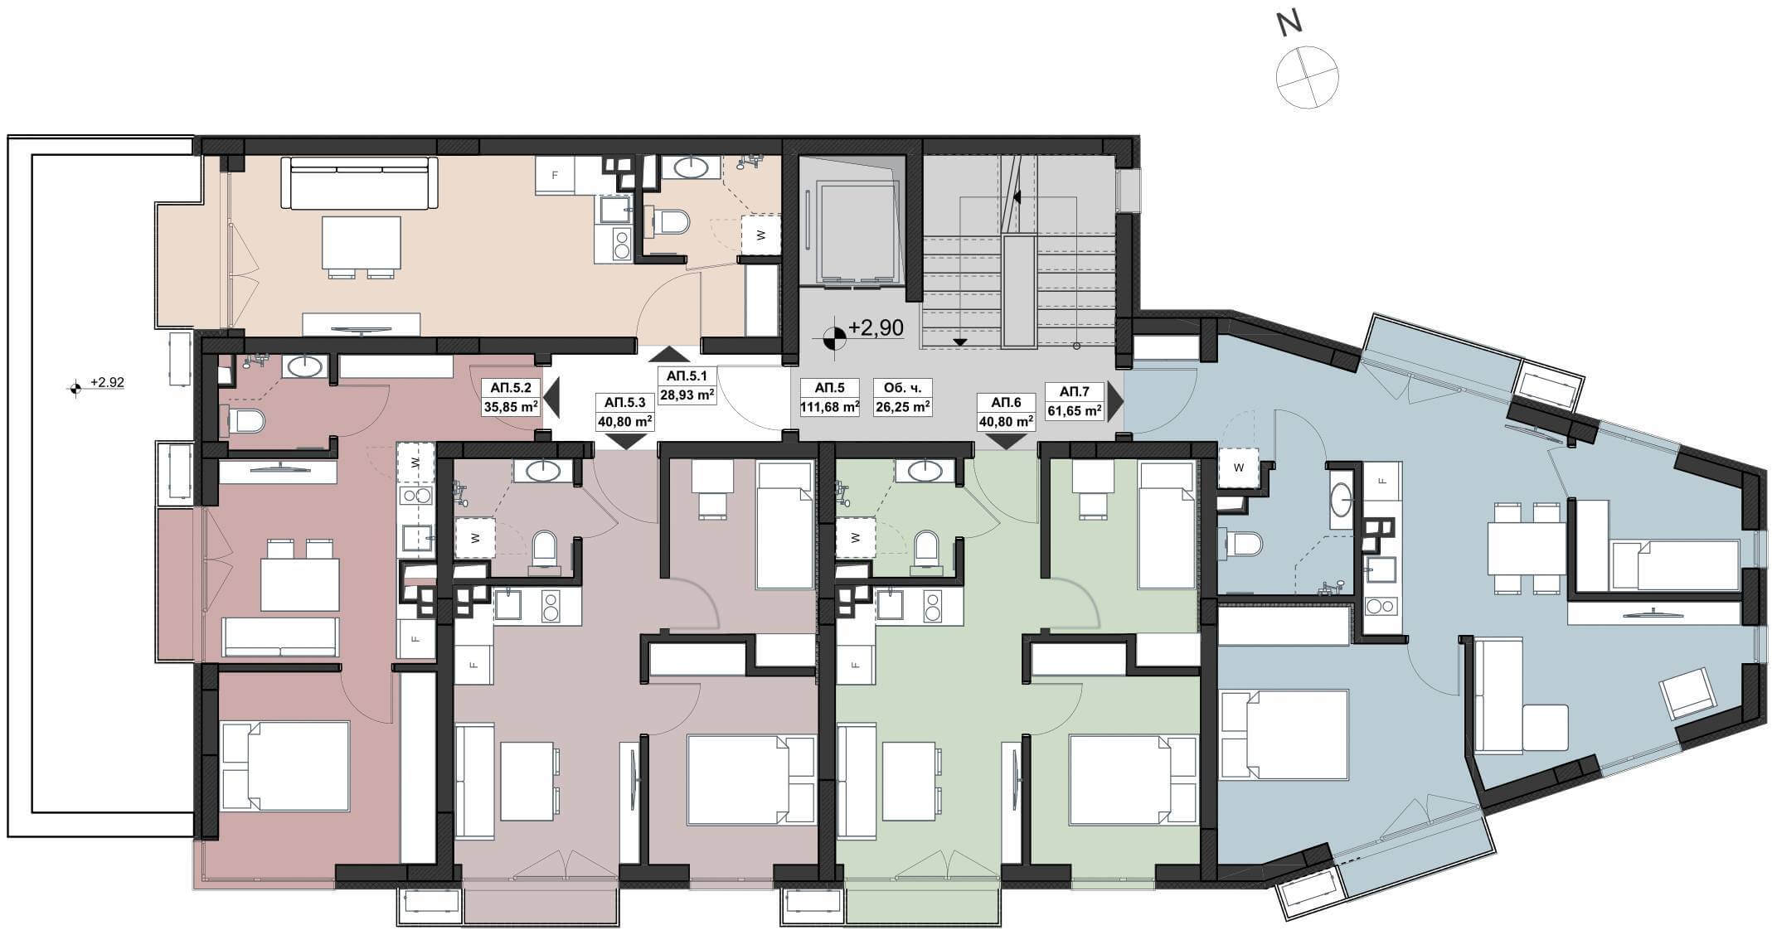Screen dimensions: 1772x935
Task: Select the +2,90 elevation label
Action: click(876, 328)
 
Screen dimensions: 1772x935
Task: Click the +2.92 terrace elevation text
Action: click(107, 382)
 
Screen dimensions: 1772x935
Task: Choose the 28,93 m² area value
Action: click(687, 395)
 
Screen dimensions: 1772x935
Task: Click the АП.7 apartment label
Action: click(1074, 390)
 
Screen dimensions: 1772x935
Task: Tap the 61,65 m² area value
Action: click(1074, 410)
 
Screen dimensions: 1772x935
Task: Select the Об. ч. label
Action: click(902, 387)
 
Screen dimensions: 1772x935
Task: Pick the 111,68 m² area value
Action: click(829, 407)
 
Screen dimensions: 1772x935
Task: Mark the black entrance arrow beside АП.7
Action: click(1115, 401)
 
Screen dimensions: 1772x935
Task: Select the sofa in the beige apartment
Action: click(359, 183)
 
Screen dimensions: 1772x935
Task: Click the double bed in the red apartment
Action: click(285, 766)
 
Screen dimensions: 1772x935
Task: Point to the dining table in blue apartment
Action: click(1526, 548)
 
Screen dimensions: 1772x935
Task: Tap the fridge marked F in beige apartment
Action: click(556, 176)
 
